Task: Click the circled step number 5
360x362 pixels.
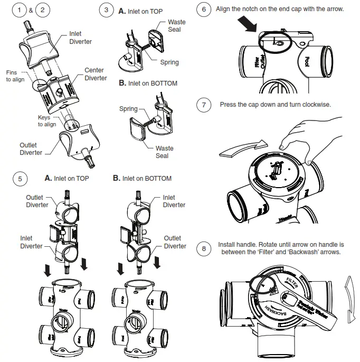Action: (20, 179)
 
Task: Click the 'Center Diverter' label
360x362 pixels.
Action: (94, 74)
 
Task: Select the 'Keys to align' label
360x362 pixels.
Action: (46, 121)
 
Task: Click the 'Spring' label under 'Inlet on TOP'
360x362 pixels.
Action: (169, 62)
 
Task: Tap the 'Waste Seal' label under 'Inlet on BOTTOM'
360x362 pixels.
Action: (162, 152)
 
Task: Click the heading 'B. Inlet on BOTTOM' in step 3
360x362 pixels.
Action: (148, 83)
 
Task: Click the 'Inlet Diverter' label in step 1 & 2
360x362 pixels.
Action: (81, 38)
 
